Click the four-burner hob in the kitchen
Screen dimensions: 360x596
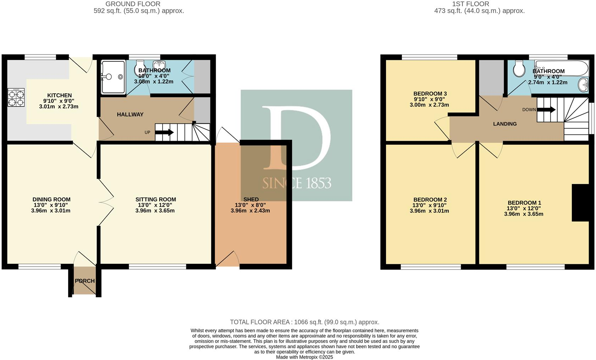tap(16, 98)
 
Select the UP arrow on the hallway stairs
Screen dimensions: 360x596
tap(164, 133)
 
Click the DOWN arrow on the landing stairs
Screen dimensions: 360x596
tap(546, 110)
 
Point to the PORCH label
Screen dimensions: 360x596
tap(85, 281)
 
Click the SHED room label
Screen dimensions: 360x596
tap(251, 199)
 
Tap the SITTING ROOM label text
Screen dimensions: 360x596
tap(155, 199)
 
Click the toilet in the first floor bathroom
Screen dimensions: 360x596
tap(519, 69)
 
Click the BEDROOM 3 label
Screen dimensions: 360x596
tap(430, 94)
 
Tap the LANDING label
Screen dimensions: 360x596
tap(504, 124)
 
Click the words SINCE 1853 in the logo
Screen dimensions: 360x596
tap(297, 183)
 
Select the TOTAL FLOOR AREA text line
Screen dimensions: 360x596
tap(304, 322)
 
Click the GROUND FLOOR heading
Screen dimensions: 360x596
tap(133, 4)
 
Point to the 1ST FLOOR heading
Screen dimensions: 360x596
tap(470, 4)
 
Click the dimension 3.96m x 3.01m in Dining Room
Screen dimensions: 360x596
tap(51, 211)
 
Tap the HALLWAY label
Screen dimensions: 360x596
tap(130, 114)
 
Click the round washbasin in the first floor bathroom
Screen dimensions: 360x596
tap(583, 84)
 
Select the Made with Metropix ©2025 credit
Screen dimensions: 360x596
tap(304, 357)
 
